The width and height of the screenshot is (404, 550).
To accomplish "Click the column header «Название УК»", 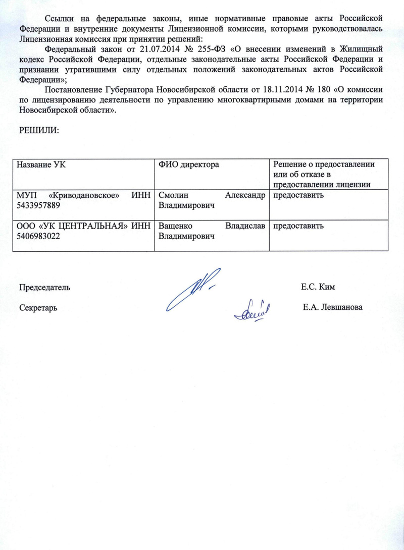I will coord(41,165).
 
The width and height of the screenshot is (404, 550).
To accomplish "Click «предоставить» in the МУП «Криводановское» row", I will coord(298,196).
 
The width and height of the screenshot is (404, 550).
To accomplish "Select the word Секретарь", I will coord(38,307).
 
